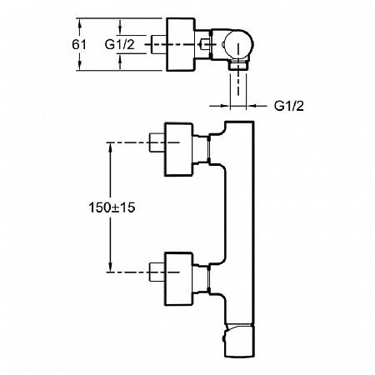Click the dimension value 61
pyautogui.click(x=79, y=44)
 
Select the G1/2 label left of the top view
pyautogui.click(x=120, y=44)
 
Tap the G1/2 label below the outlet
pyautogui.click(x=289, y=106)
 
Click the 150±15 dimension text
pyautogui.click(x=112, y=207)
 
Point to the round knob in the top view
pyautogui.click(x=238, y=45)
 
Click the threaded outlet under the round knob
pyautogui.click(x=238, y=65)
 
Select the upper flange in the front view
pyautogui.click(x=178, y=149)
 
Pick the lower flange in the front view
pyautogui.click(x=178, y=279)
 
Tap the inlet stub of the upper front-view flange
pyautogui.click(x=157, y=142)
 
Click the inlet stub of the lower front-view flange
pyautogui.click(x=157, y=272)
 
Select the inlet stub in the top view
pyautogui.click(x=158, y=44)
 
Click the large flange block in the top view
pyautogui.click(x=181, y=44)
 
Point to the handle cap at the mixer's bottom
pyautogui.click(x=239, y=341)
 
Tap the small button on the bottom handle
pyautogui.click(x=223, y=338)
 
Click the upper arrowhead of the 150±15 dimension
pyautogui.click(x=110, y=147)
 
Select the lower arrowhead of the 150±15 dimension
pyautogui.click(x=110, y=267)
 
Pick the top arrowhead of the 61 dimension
pyautogui.click(x=80, y=22)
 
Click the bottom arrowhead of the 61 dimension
pyautogui.click(x=80, y=66)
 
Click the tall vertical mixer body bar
pyautogui.click(x=239, y=222)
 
